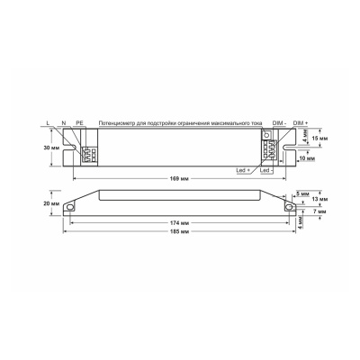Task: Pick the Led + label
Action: pos(242,169)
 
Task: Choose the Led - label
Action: pos(265,169)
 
